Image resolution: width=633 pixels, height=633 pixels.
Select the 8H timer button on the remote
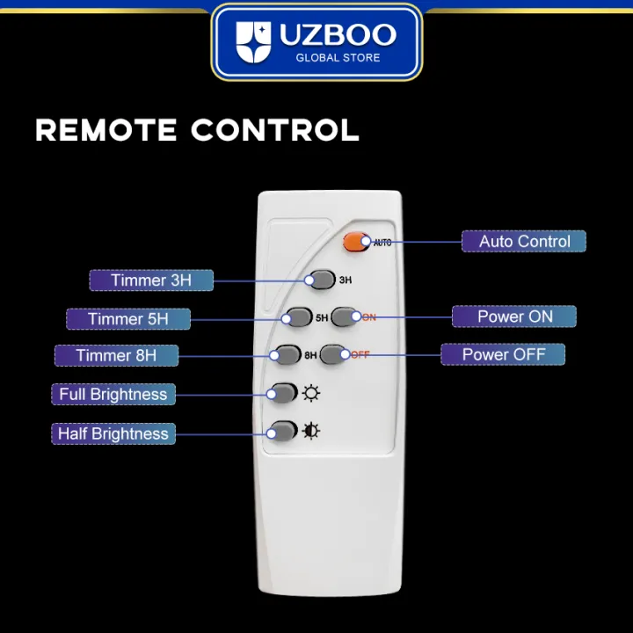[x=287, y=355]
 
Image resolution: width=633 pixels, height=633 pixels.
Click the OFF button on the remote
[x=333, y=354]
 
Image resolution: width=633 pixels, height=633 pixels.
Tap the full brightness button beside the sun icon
[x=283, y=393]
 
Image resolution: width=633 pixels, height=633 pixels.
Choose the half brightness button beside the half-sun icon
[x=283, y=432]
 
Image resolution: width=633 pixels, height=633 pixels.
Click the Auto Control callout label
[x=524, y=241]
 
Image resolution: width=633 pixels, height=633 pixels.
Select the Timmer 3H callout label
[x=151, y=280]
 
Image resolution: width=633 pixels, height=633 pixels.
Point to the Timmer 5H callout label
[x=128, y=318]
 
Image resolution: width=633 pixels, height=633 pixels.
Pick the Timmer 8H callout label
[x=116, y=355]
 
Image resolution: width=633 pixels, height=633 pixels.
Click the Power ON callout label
[x=514, y=316]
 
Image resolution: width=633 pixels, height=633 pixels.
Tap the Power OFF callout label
[x=503, y=354]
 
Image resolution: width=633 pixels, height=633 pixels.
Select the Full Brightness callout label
[x=113, y=394]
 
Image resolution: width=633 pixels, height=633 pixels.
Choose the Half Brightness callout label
[x=113, y=433]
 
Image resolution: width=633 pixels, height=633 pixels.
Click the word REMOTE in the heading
[x=106, y=130]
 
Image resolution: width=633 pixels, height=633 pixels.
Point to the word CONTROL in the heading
[x=275, y=130]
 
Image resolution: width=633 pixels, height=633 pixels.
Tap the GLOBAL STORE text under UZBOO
[x=337, y=58]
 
